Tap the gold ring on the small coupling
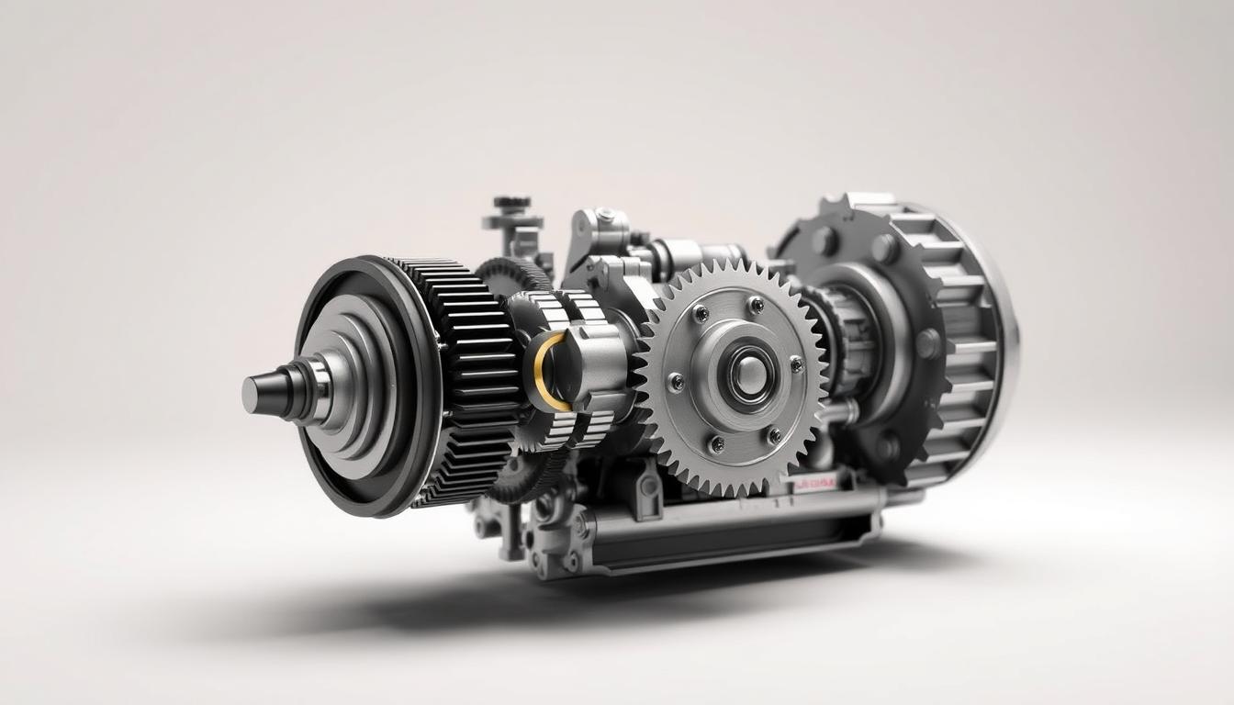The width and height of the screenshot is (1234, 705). click(542, 371)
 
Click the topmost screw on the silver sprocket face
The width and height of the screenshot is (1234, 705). click(755, 304)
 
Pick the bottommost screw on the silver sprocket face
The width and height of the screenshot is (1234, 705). click(717, 443)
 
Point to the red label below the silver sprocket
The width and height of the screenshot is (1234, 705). click(813, 483)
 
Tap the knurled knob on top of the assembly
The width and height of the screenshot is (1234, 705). click(511, 203)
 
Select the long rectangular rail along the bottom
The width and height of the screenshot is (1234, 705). click(735, 532)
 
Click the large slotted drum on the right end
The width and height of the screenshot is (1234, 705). click(964, 340)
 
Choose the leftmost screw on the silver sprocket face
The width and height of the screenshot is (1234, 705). click(676, 382)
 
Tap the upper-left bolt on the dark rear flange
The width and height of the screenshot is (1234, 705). click(824, 241)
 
